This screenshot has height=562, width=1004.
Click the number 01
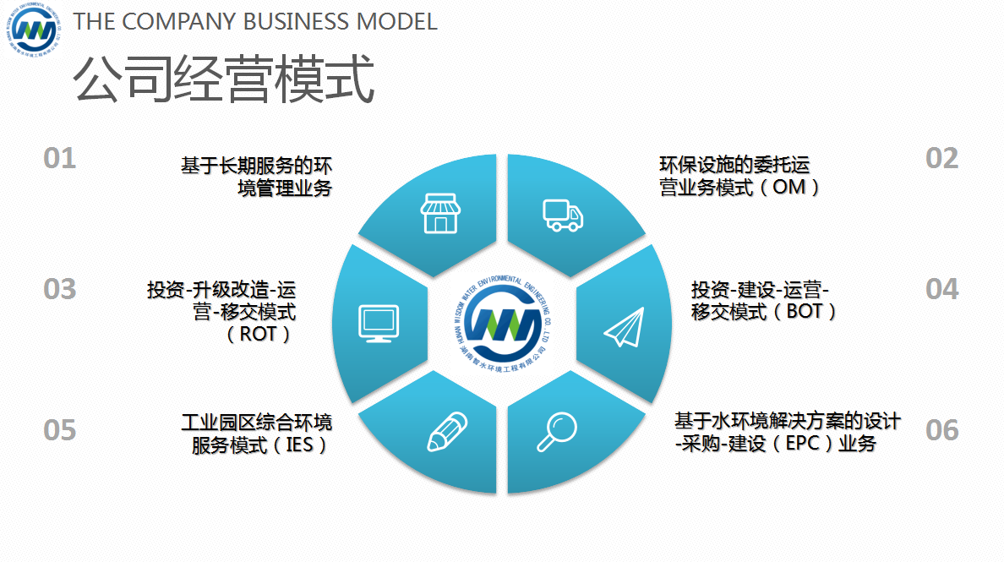60,158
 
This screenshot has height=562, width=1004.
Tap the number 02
941,158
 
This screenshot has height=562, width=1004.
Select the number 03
60,289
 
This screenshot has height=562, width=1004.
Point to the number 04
941,289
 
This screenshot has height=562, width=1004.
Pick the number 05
60,430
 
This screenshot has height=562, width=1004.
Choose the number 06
941,430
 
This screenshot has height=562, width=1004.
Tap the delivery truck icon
562,215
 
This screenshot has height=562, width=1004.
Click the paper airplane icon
625,326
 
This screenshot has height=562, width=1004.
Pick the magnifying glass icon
556,433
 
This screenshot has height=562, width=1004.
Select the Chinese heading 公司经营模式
223,80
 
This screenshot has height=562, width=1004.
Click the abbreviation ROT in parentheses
259,334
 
